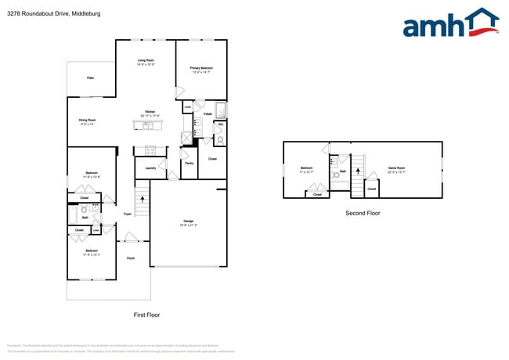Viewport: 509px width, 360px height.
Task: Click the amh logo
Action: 450,23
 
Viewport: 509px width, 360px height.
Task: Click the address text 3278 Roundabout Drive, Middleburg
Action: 49,13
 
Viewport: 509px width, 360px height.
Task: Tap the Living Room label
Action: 146,60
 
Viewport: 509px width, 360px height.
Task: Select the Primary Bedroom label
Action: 201,69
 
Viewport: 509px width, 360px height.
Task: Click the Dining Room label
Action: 86,121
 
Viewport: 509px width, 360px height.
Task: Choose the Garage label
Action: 188,221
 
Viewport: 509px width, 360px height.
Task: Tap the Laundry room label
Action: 150,167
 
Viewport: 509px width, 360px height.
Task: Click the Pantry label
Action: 189,163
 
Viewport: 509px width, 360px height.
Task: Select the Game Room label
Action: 397,167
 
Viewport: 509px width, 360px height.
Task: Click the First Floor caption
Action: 146,314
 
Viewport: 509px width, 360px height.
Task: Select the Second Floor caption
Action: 363,212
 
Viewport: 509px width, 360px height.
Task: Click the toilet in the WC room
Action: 219,140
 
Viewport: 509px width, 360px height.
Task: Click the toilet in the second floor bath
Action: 335,175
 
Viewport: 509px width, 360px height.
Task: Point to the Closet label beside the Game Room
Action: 371,189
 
